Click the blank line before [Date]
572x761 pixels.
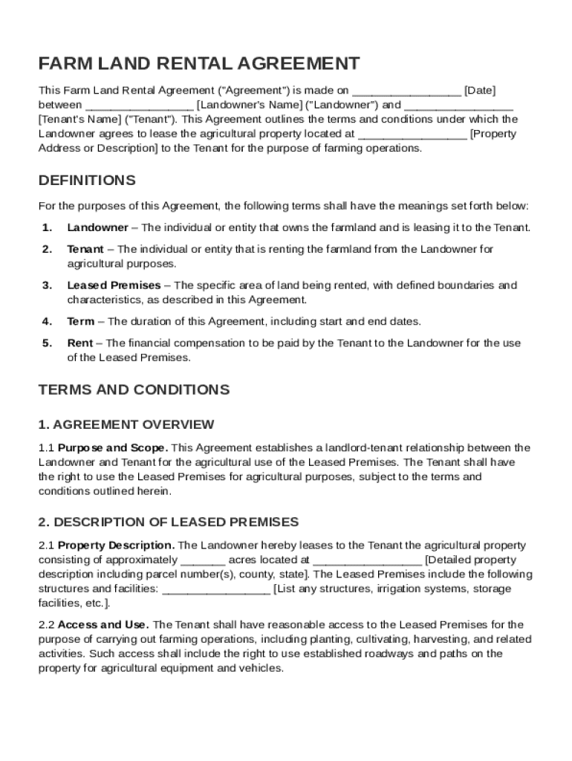click(406, 91)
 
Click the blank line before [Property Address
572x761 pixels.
click(412, 135)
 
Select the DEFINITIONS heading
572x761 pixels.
click(87, 181)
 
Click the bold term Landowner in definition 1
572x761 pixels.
click(97, 227)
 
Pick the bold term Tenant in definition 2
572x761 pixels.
click(85, 250)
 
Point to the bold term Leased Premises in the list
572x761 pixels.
click(114, 285)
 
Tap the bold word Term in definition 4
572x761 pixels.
click(80, 322)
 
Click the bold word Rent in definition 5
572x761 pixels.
click(79, 343)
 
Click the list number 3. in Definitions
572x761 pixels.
click(47, 285)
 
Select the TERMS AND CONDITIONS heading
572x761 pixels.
click(134, 390)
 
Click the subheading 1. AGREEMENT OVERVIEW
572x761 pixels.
click(126, 425)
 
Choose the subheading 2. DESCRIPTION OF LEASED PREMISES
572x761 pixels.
click(169, 522)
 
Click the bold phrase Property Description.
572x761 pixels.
click(117, 545)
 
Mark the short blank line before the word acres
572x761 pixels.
click(203, 560)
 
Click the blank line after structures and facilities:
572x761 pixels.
click(216, 589)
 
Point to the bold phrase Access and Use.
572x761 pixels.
click(103, 625)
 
